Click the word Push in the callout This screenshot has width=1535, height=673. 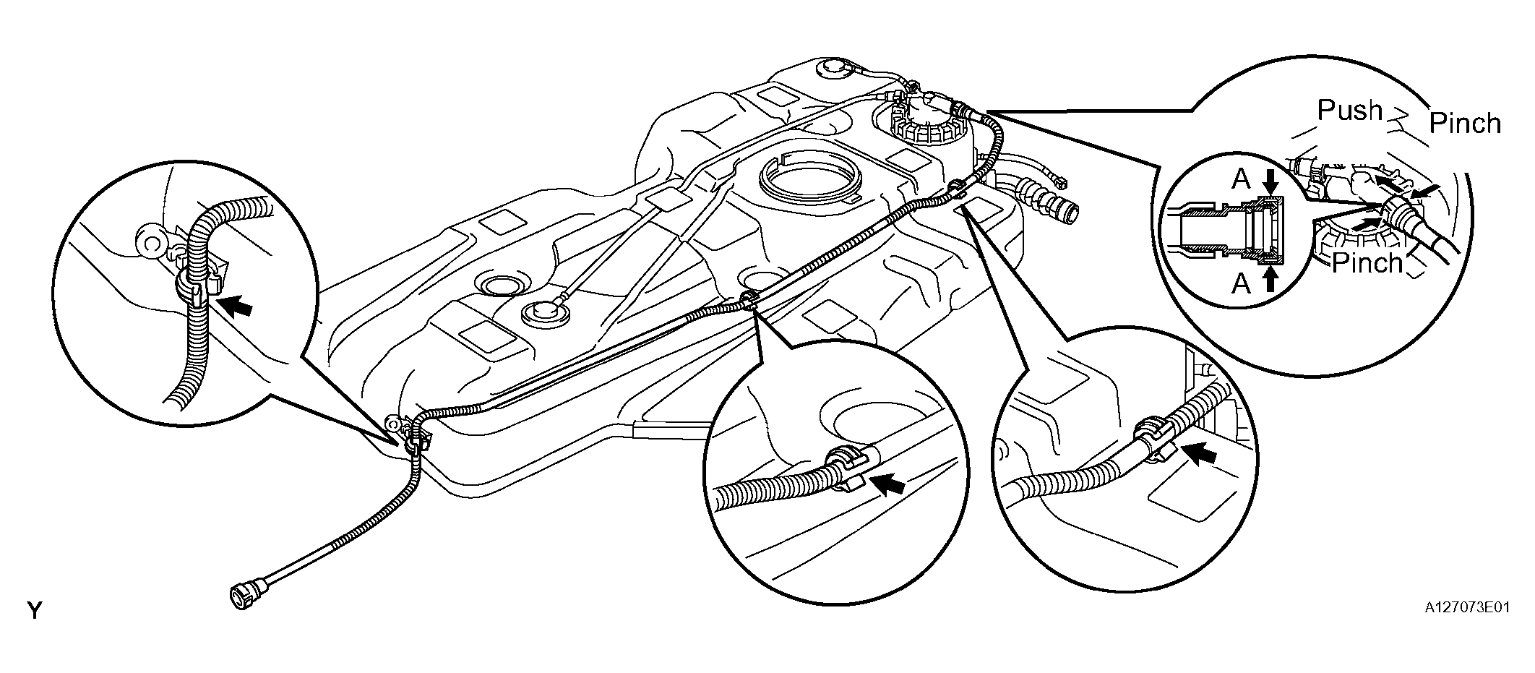[x=1349, y=111]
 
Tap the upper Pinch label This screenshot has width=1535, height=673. [x=1465, y=124]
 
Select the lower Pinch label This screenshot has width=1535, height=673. [x=1367, y=262]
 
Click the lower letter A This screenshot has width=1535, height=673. [x=1241, y=284]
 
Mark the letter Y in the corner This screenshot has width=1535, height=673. [x=34, y=611]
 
